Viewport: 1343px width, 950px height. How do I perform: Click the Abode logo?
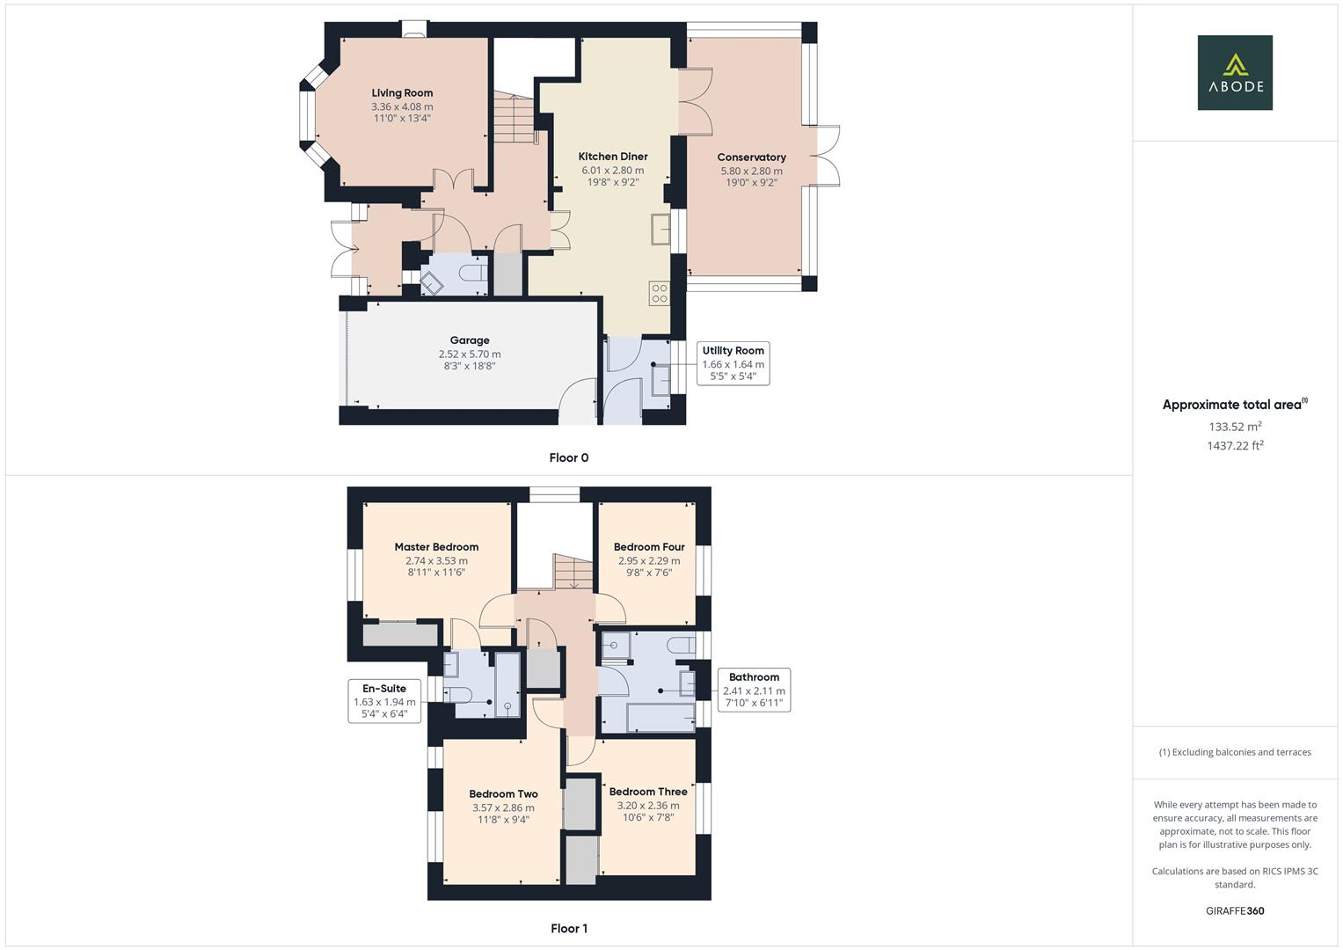pyautogui.click(x=1234, y=73)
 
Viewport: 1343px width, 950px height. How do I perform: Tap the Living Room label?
pyautogui.click(x=402, y=93)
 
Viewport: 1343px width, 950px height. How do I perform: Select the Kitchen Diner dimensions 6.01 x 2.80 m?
pyautogui.click(x=612, y=171)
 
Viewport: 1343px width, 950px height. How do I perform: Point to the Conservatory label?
pyautogui.click(x=751, y=157)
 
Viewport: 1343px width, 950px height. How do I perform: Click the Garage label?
pyautogui.click(x=470, y=340)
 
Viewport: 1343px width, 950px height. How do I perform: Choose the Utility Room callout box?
pyautogui.click(x=733, y=363)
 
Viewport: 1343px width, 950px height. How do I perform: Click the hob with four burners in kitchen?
pyautogui.click(x=659, y=293)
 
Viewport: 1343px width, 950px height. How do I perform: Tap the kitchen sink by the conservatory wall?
pyautogui.click(x=661, y=229)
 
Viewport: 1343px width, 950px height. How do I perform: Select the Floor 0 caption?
pyautogui.click(x=568, y=457)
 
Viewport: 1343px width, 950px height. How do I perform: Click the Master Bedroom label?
pyautogui.click(x=436, y=547)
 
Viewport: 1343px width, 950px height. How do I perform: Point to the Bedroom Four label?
pyautogui.click(x=649, y=547)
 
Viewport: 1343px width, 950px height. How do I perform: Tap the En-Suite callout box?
pyautogui.click(x=384, y=701)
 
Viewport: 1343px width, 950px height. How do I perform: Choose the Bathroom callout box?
pyautogui.click(x=754, y=690)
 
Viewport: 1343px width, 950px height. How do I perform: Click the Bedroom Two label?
pyautogui.click(x=503, y=794)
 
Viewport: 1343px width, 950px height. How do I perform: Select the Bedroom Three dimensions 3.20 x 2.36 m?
pyautogui.click(x=647, y=805)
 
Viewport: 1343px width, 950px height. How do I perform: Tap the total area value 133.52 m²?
pyautogui.click(x=1235, y=427)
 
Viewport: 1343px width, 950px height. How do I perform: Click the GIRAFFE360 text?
pyautogui.click(x=1235, y=911)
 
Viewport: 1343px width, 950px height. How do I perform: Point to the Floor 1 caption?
pyautogui.click(x=568, y=929)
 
